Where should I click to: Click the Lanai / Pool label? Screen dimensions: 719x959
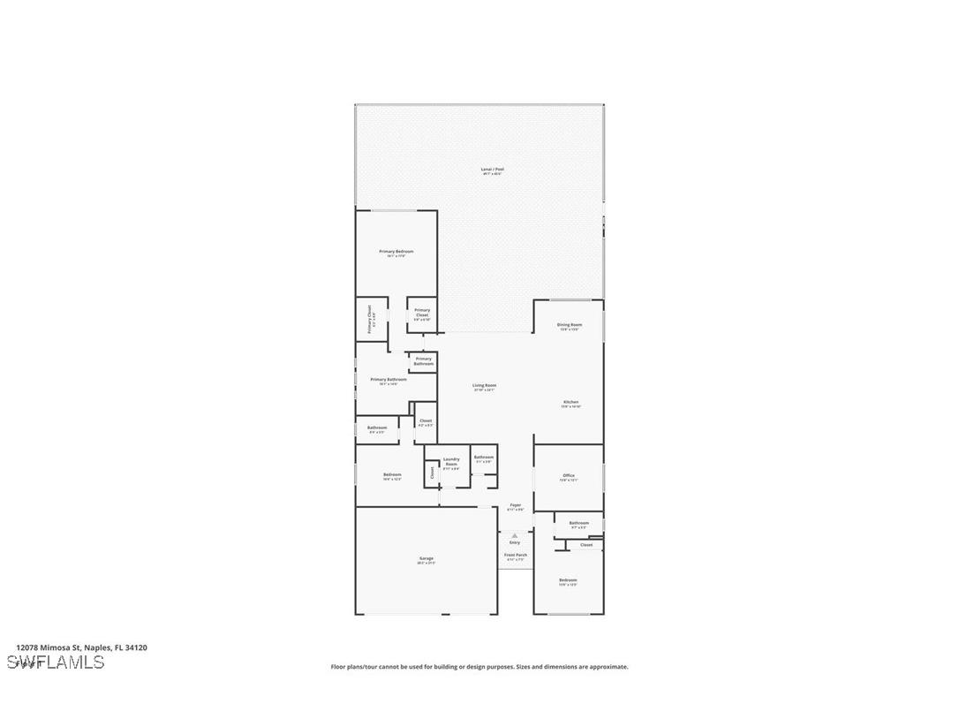point(492,169)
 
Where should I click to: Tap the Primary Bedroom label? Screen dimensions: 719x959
point(396,252)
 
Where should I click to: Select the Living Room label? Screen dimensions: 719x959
point(484,385)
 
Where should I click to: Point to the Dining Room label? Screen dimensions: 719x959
point(569,325)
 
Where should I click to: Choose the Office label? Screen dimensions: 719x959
point(569,476)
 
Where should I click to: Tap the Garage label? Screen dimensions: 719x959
point(426,558)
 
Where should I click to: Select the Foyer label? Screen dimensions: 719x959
point(515,505)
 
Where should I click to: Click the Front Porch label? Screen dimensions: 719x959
point(515,555)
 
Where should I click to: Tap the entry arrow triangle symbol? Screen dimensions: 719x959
point(515,535)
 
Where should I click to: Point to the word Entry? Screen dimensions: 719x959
point(515,542)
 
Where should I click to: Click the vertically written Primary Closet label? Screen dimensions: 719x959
point(370,319)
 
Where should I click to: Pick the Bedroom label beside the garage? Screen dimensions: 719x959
point(392,475)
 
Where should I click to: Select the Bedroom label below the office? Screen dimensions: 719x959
point(568,580)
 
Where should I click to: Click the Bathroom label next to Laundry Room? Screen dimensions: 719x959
point(483,457)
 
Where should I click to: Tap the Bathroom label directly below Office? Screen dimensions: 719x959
point(578,523)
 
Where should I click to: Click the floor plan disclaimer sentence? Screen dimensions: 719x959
point(479,667)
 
